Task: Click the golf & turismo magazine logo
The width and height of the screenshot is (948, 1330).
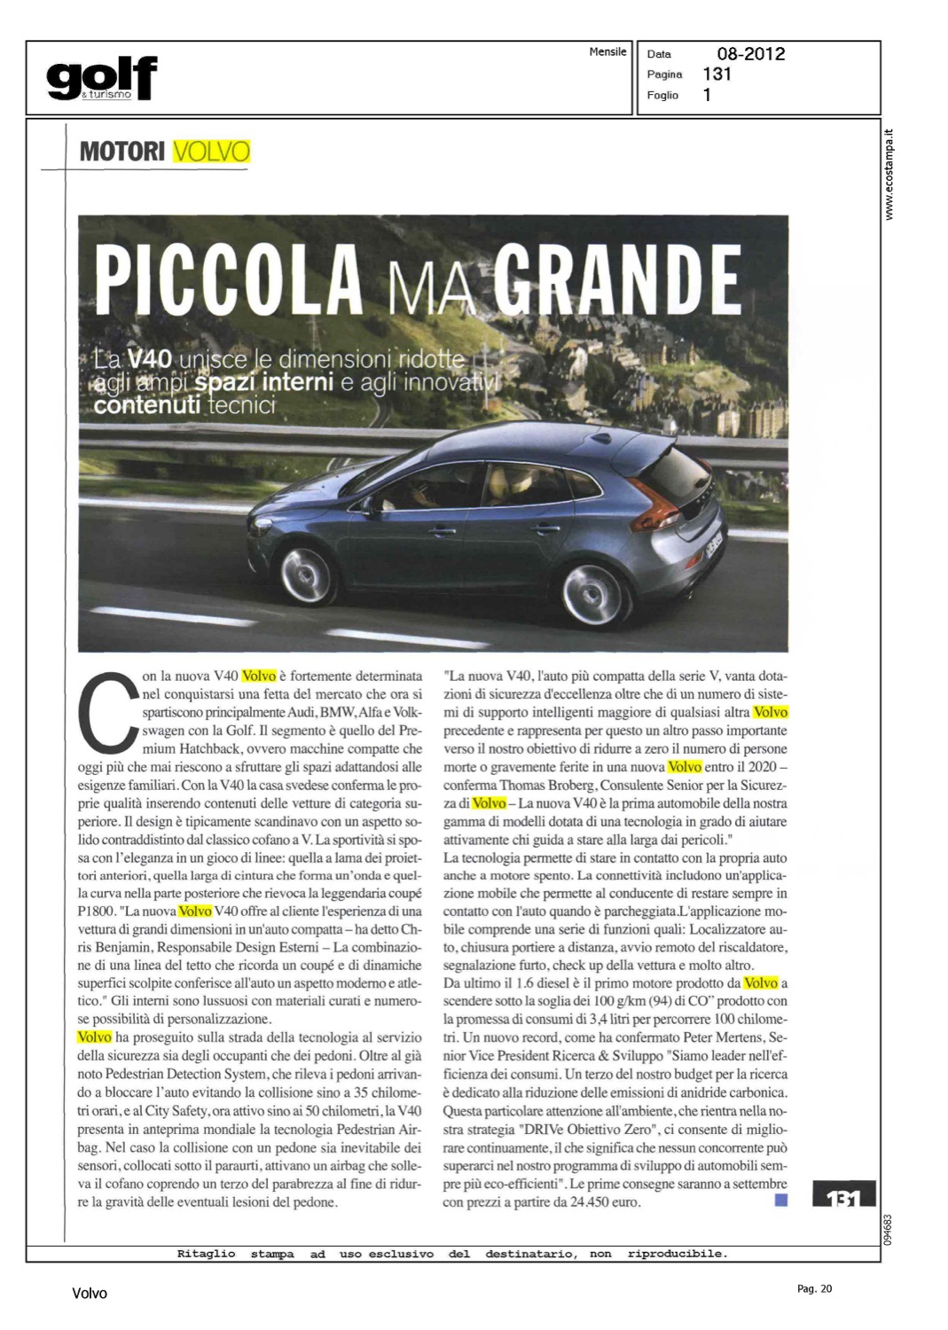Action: point(101,78)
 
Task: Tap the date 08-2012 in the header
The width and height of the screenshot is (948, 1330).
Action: point(750,54)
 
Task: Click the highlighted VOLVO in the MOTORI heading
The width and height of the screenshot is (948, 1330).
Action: point(211,152)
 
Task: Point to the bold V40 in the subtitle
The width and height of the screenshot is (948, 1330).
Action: point(149,359)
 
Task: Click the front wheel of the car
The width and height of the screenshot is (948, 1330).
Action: point(307,575)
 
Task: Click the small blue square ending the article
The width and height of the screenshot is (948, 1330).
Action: point(781,1201)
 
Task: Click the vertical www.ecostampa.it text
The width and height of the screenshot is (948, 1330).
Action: point(891,175)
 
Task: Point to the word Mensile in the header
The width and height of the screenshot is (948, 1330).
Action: point(607,52)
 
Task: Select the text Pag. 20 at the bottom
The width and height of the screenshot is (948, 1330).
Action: point(815,1288)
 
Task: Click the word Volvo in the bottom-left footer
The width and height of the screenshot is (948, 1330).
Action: point(90,1294)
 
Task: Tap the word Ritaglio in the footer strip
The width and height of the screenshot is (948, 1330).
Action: point(206,1254)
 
